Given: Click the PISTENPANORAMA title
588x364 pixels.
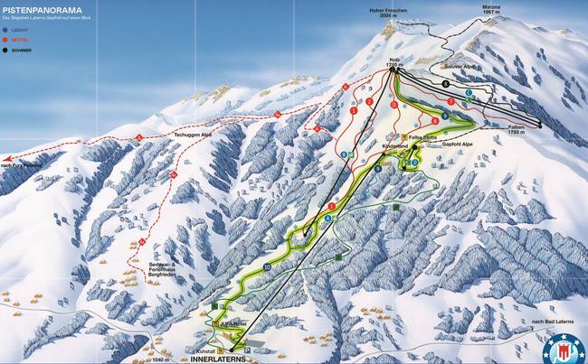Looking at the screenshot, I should [43, 10].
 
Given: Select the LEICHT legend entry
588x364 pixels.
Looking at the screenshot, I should [24, 30].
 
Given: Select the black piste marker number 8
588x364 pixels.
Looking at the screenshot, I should [445, 83].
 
